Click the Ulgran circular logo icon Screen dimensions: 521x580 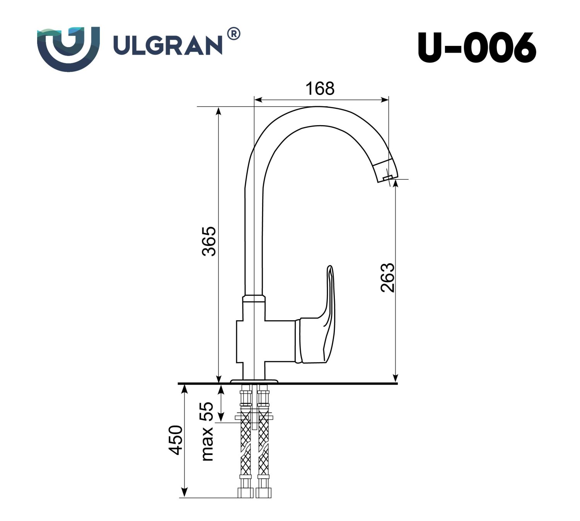[x=68, y=49]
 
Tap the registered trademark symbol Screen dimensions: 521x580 [x=234, y=34]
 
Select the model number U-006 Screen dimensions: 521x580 [x=477, y=48]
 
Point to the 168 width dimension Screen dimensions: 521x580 [x=320, y=89]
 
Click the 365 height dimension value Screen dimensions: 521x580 [x=210, y=241]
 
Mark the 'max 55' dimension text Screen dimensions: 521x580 [x=207, y=431]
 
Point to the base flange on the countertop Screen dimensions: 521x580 [x=254, y=381]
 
